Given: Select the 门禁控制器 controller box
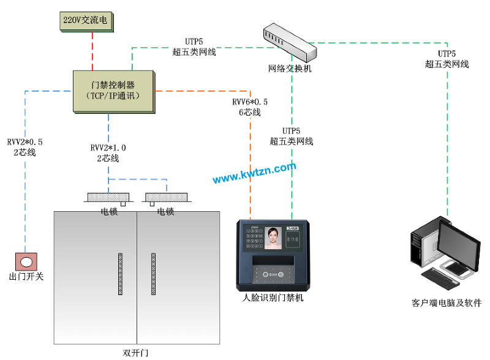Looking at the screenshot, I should pyautogui.click(x=113, y=91).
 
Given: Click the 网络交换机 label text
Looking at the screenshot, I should pyautogui.click(x=290, y=69).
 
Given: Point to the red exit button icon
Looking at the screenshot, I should pyautogui.click(x=26, y=261).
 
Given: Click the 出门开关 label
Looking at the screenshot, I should pyautogui.click(x=26, y=277).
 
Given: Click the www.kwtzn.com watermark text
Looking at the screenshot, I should pyautogui.click(x=254, y=173).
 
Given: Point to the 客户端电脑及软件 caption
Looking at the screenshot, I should pyautogui.click(x=447, y=303).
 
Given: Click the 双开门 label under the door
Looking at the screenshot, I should pyautogui.click(x=135, y=353).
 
